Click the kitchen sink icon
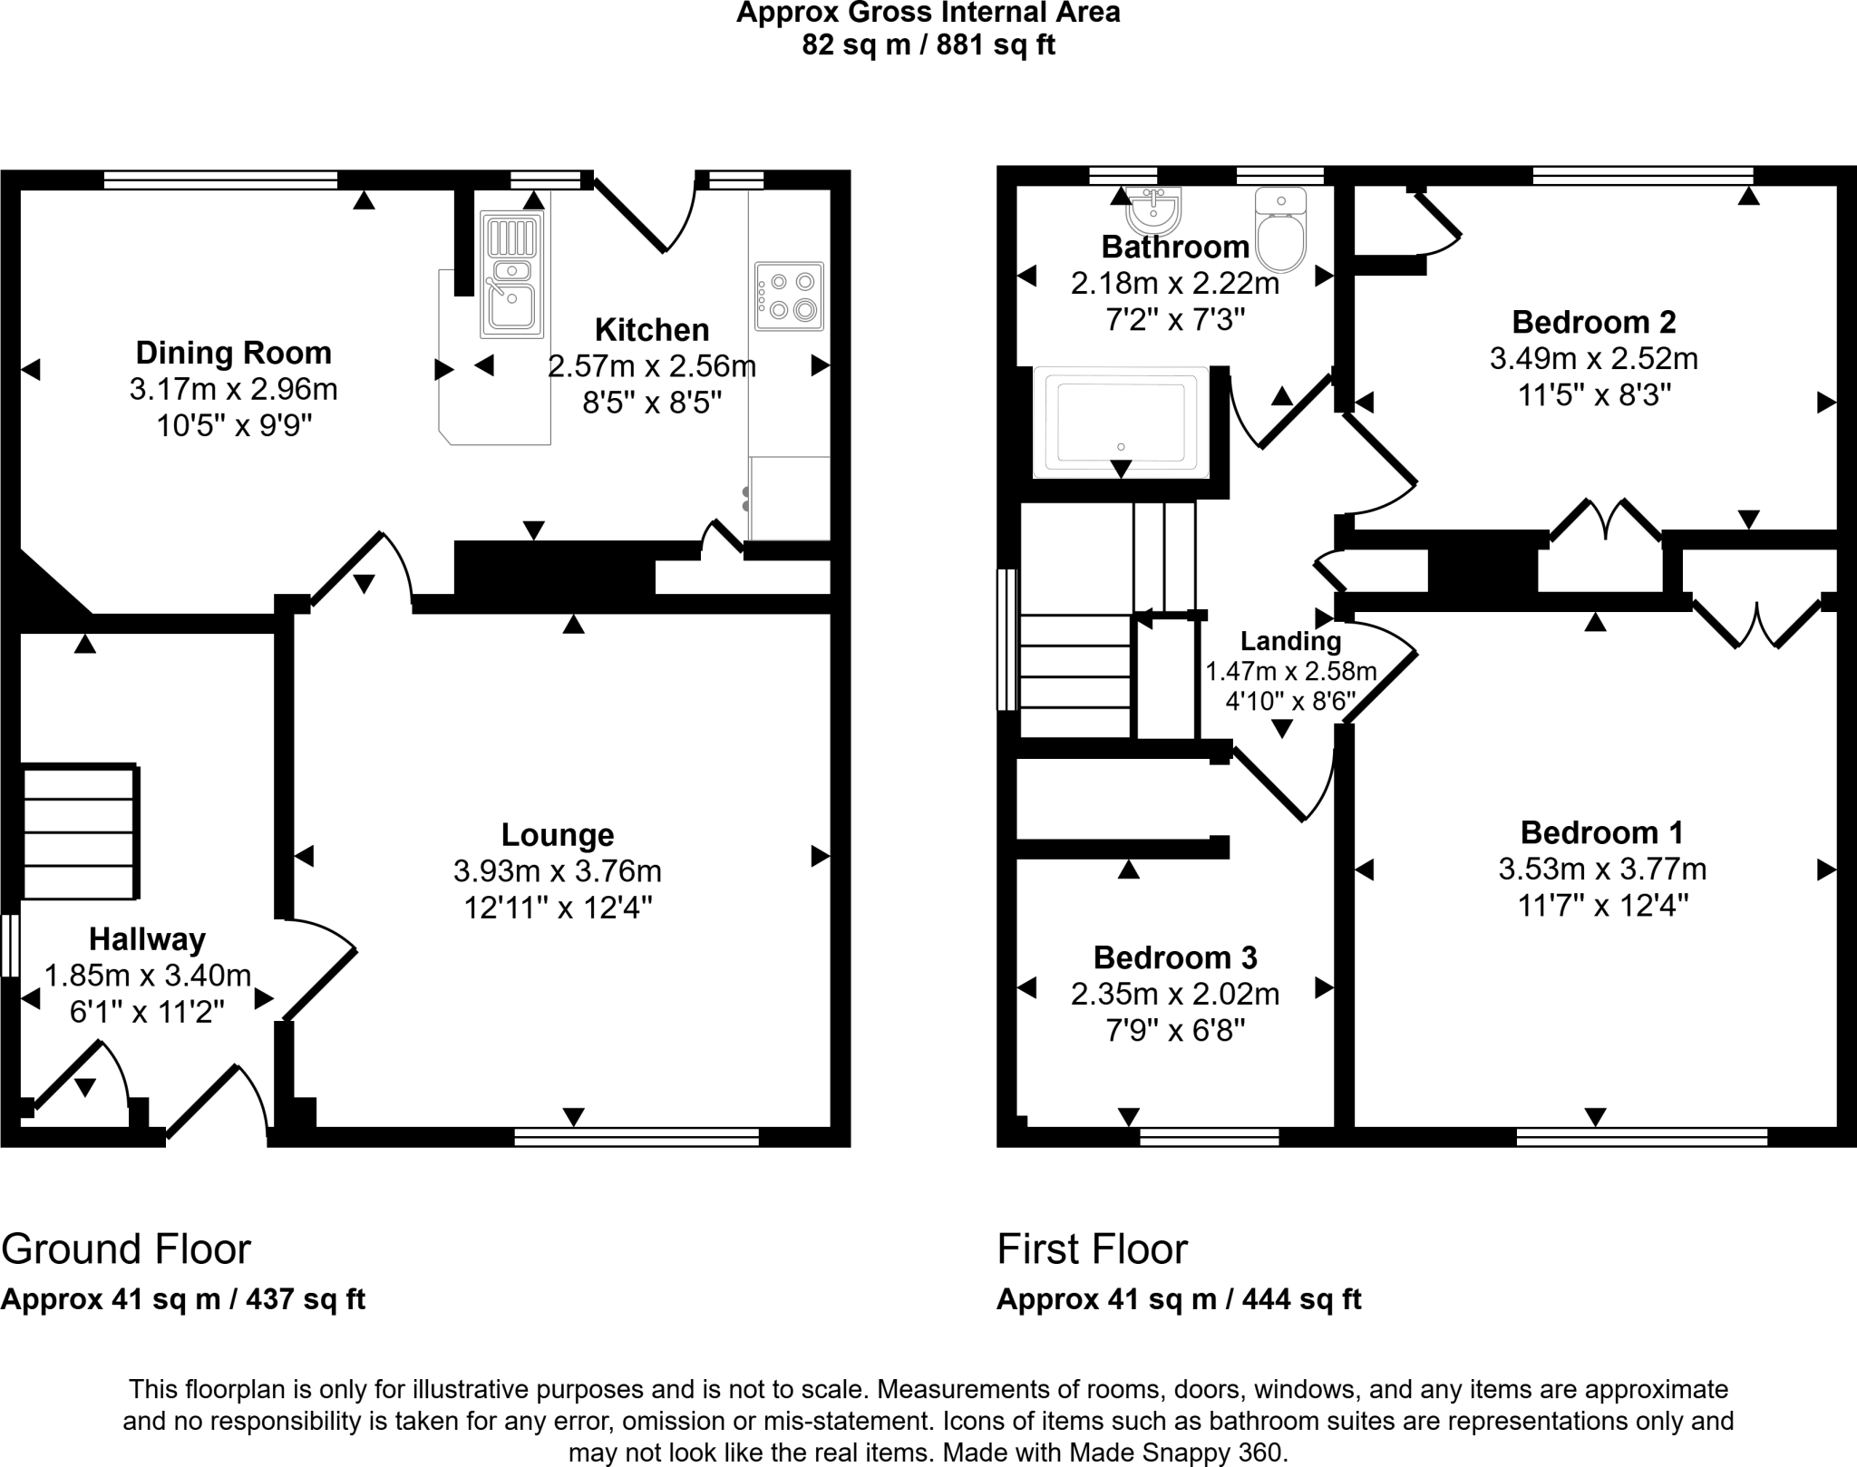(512, 274)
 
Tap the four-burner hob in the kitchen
(789, 296)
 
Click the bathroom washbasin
(1153, 211)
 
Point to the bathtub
(1121, 423)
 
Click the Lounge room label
(558, 834)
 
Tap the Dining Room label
(234, 353)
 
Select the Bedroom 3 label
(1175, 957)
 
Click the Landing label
(1290, 641)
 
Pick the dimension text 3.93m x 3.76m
(558, 871)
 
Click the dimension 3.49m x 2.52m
(1593, 359)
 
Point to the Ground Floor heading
(126, 1249)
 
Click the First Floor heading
(1092, 1249)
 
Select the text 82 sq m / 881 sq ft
(928, 45)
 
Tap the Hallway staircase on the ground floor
(80, 832)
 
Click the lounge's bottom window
(636, 1137)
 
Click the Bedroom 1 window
(1641, 1137)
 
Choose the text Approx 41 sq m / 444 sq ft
(1179, 1299)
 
